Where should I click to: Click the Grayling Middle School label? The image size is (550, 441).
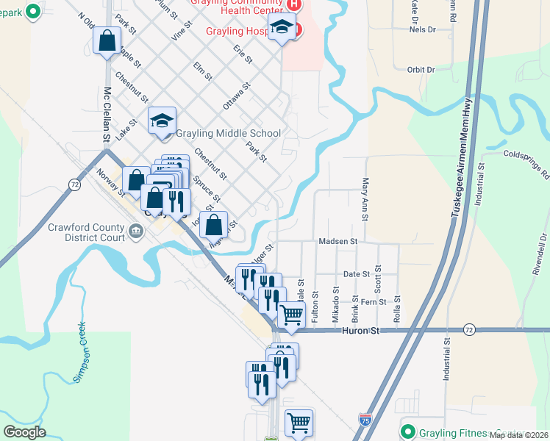pyautogui.click(x=227, y=134)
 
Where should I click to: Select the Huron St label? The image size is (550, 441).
pyautogui.click(x=360, y=331)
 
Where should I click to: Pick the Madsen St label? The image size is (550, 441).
pyautogui.click(x=337, y=241)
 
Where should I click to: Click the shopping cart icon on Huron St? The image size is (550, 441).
pyautogui.click(x=292, y=315)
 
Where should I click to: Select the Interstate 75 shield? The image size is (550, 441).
pyautogui.click(x=365, y=420)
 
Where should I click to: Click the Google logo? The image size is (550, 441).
pyautogui.click(x=24, y=432)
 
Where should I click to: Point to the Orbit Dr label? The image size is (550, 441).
pyautogui.click(x=421, y=70)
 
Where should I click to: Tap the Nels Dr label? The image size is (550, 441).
pyautogui.click(x=422, y=30)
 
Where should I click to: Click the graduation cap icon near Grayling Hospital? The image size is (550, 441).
pyautogui.click(x=281, y=29)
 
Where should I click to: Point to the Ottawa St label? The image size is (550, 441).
pyautogui.click(x=237, y=96)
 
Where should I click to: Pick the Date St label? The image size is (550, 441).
pyautogui.click(x=357, y=274)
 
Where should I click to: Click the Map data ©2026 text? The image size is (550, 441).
pyautogui.click(x=518, y=435)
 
